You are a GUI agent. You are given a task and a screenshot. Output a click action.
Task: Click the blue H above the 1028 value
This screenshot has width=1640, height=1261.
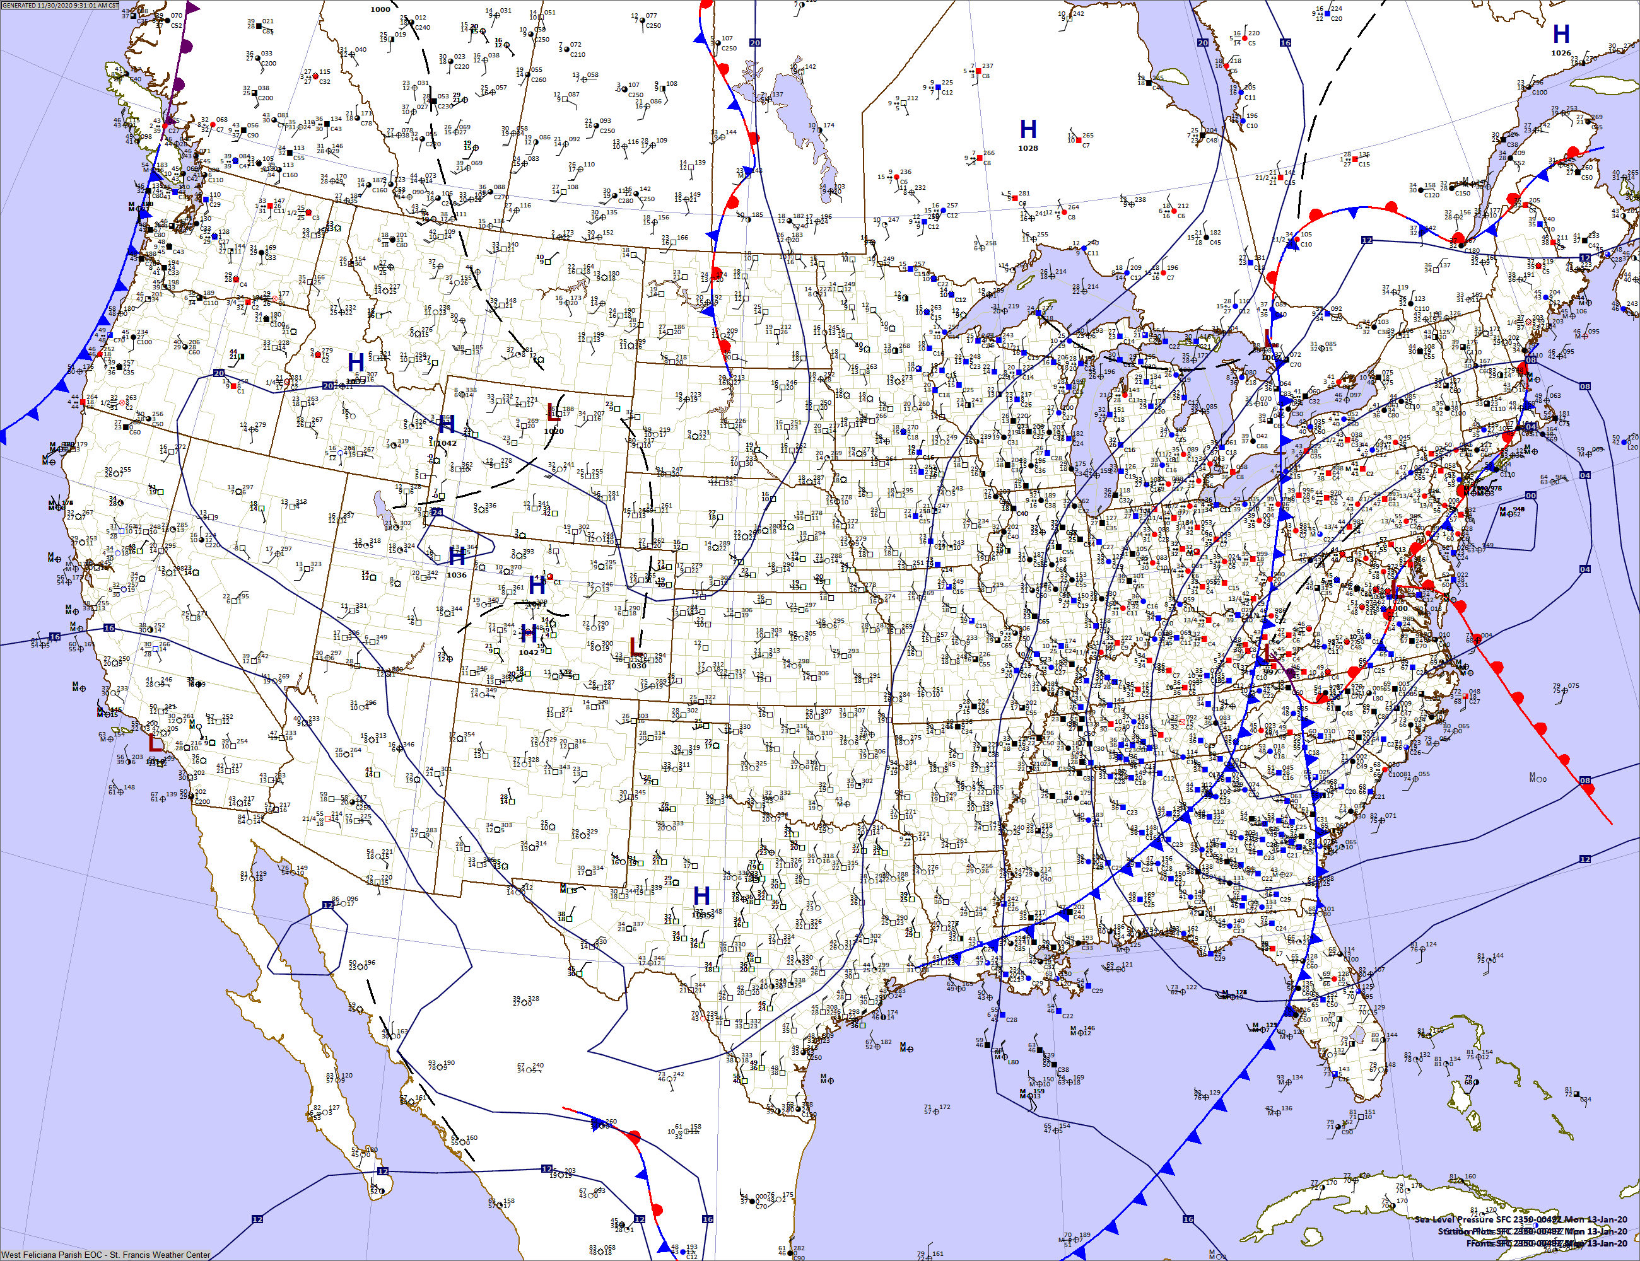click(1028, 129)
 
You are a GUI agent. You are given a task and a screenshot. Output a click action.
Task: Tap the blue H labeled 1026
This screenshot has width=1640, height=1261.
click(1561, 35)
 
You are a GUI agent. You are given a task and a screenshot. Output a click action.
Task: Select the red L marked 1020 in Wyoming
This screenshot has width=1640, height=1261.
click(553, 413)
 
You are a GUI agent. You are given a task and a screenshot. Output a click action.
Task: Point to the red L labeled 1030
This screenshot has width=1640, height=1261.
click(635, 646)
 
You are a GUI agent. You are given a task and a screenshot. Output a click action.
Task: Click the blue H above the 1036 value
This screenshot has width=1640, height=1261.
click(457, 557)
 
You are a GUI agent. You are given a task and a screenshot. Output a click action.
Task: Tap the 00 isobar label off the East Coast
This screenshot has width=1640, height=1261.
click(1530, 496)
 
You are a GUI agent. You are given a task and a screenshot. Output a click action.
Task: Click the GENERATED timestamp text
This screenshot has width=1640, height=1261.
click(60, 5)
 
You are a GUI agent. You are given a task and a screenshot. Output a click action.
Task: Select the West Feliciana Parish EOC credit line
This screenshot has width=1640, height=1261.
click(106, 1254)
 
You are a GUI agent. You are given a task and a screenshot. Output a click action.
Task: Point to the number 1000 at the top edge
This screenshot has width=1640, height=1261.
click(380, 9)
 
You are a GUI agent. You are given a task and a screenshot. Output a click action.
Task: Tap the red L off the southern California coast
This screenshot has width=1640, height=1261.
click(155, 744)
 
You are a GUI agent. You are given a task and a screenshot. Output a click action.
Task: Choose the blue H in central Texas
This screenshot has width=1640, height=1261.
click(701, 896)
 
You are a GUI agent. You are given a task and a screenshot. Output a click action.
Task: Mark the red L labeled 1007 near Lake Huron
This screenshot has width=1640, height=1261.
click(1269, 339)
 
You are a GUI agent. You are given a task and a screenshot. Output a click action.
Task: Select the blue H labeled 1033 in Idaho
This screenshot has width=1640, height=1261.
click(356, 363)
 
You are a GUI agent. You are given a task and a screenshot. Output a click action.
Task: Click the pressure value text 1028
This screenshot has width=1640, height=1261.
click(1028, 148)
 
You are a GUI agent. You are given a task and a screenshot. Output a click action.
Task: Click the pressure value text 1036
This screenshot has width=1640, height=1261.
click(457, 575)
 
